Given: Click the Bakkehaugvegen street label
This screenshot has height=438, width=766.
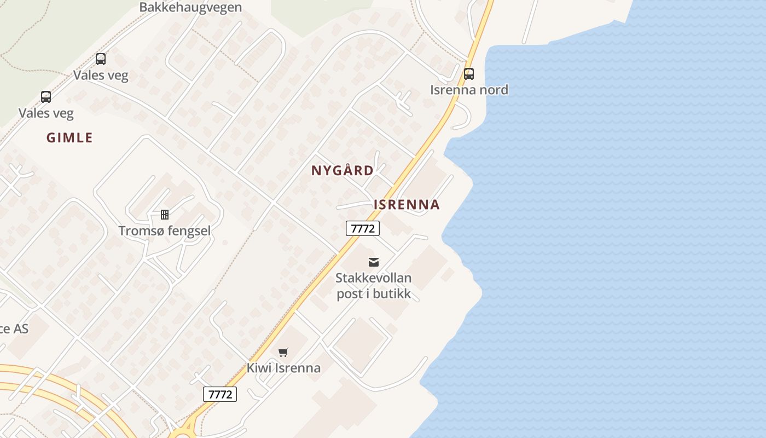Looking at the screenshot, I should [x=190, y=7].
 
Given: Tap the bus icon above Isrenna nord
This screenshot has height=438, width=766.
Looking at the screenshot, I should [x=469, y=73].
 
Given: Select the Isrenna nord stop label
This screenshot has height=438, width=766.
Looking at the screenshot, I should [x=469, y=90].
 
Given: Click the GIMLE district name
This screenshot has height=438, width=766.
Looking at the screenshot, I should [x=69, y=137].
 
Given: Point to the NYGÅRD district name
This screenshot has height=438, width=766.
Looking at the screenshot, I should [x=343, y=171].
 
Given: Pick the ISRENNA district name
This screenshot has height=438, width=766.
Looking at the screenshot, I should [x=407, y=205].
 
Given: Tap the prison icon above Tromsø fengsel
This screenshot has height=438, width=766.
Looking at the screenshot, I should [x=165, y=214].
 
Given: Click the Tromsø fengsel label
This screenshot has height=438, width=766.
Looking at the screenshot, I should [x=165, y=230].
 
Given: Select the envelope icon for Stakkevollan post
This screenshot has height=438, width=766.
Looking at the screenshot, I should [x=374, y=262].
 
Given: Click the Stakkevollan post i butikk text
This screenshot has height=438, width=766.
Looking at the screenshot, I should [x=374, y=285].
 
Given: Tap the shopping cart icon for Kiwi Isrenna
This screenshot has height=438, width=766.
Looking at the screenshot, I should [x=283, y=352].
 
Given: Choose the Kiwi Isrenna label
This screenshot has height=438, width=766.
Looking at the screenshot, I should [x=283, y=367].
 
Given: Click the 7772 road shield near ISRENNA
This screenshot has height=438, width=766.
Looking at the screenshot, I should [x=363, y=228].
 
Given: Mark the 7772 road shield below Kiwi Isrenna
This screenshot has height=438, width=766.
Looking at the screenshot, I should [x=220, y=394].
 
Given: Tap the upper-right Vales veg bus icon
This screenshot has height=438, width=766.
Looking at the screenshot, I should [x=101, y=59].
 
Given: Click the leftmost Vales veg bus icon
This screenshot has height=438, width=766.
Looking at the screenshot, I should [x=46, y=97].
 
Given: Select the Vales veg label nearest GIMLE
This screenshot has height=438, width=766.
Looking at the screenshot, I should [x=46, y=113].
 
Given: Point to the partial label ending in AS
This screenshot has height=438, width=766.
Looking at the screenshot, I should [x=13, y=328].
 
